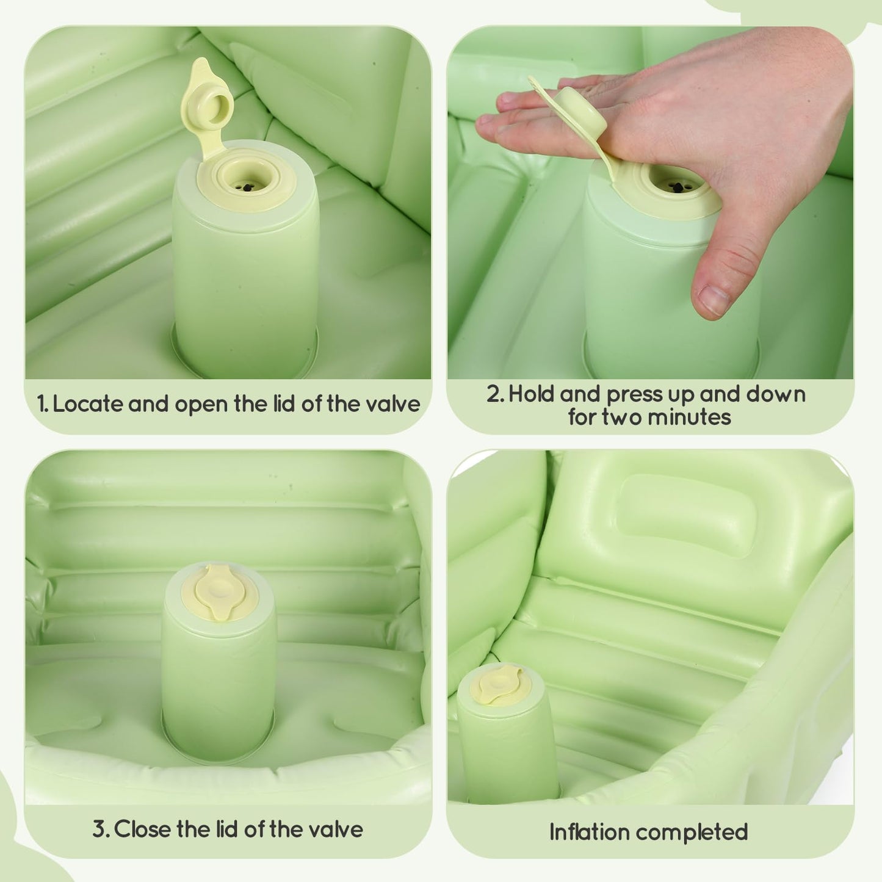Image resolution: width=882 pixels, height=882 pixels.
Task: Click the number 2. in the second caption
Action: click(495, 394)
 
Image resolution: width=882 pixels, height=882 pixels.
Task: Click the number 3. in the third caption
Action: click(101, 830)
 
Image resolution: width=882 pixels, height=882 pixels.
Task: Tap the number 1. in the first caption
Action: click(42, 404)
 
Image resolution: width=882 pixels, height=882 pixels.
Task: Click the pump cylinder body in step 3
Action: click(219, 684)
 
